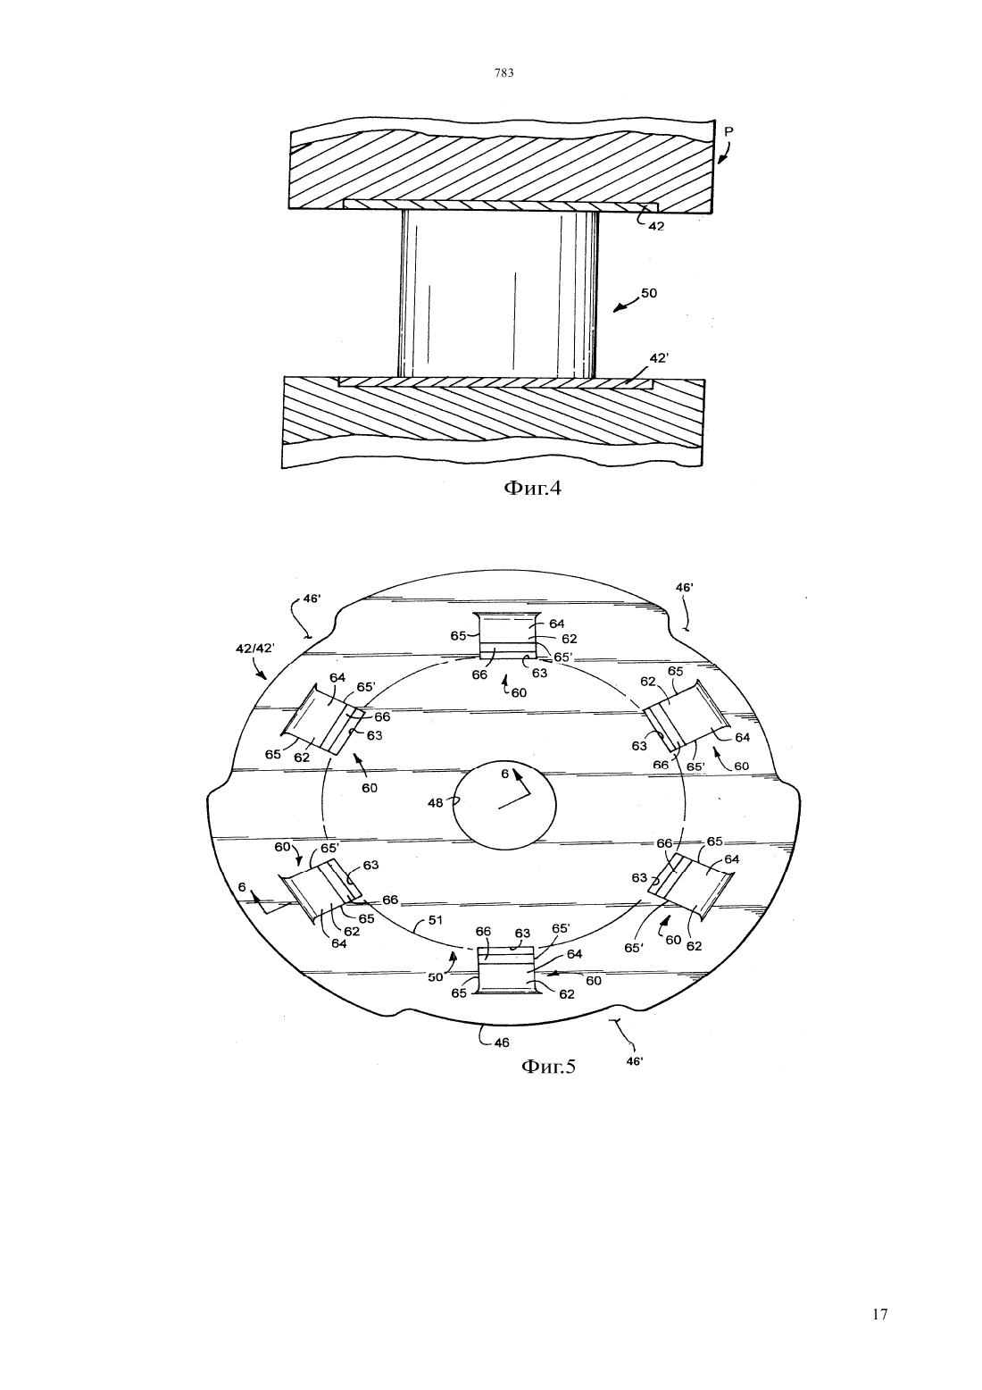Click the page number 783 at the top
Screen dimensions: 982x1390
[x=504, y=72]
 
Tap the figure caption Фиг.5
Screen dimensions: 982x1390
[x=548, y=1066]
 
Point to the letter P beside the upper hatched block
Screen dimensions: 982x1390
[x=729, y=131]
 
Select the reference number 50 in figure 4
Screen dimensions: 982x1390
[x=649, y=293]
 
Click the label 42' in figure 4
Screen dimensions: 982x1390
[x=659, y=358]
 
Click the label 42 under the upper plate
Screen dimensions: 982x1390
[x=656, y=227]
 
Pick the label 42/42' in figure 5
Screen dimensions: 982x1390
[x=254, y=649]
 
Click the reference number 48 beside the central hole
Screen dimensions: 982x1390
[x=436, y=803]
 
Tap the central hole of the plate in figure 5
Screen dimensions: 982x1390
[x=504, y=804]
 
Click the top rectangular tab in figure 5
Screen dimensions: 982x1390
[x=508, y=635]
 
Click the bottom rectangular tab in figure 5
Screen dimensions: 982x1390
[x=508, y=970]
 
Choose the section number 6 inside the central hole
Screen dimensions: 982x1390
[x=504, y=774]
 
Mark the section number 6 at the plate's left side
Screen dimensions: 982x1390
[x=242, y=888]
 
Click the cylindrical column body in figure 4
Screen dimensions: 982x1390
[x=498, y=294]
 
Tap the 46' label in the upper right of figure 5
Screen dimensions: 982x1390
[x=684, y=586]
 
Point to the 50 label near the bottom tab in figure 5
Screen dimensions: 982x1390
[x=436, y=976]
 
